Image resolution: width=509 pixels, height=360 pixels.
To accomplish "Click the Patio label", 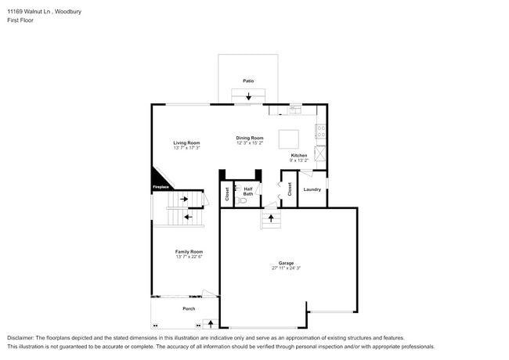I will point(247,81).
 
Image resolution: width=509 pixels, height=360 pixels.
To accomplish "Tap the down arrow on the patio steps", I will point(249,96).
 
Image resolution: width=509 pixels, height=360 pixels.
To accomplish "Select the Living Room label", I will point(186,142).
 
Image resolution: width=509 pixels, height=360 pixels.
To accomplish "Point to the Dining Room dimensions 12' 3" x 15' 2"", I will point(250,143).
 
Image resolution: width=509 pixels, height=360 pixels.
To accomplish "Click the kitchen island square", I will point(289,139).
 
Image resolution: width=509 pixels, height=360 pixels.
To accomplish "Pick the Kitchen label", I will point(299,155).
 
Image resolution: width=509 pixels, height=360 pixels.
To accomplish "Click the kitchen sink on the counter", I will point(294,110).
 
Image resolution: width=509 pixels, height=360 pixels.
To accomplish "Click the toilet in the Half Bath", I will point(242,200).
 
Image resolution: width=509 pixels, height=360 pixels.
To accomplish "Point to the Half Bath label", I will point(248,191).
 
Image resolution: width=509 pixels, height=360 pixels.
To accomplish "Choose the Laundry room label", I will point(312,189).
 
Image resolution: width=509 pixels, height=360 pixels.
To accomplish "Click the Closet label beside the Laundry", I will point(289,189).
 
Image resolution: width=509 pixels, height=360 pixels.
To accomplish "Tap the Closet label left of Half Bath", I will point(227,193).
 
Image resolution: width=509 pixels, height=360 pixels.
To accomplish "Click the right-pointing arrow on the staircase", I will point(185,199).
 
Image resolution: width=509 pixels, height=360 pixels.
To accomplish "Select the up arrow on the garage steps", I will point(271,218).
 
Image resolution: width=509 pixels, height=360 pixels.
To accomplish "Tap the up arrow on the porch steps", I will point(210,322).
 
